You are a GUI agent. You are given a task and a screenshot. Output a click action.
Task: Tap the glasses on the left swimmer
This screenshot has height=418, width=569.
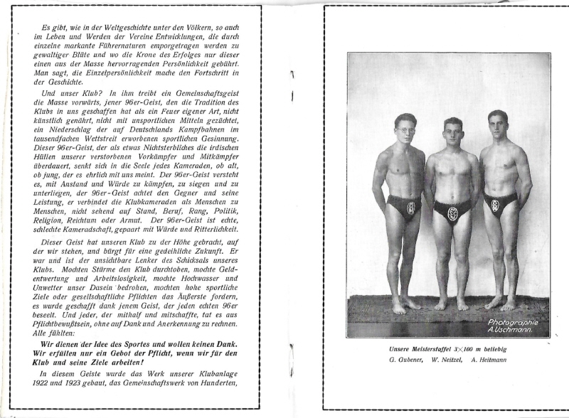click(405, 130)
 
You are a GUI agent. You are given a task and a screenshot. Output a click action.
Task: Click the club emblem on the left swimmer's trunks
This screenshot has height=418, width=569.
click(410, 208)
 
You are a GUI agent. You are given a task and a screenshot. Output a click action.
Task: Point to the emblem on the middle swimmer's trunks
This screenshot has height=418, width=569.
click(452, 213)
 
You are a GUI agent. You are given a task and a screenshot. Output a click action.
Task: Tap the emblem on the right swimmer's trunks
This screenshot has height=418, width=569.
click(495, 205)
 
